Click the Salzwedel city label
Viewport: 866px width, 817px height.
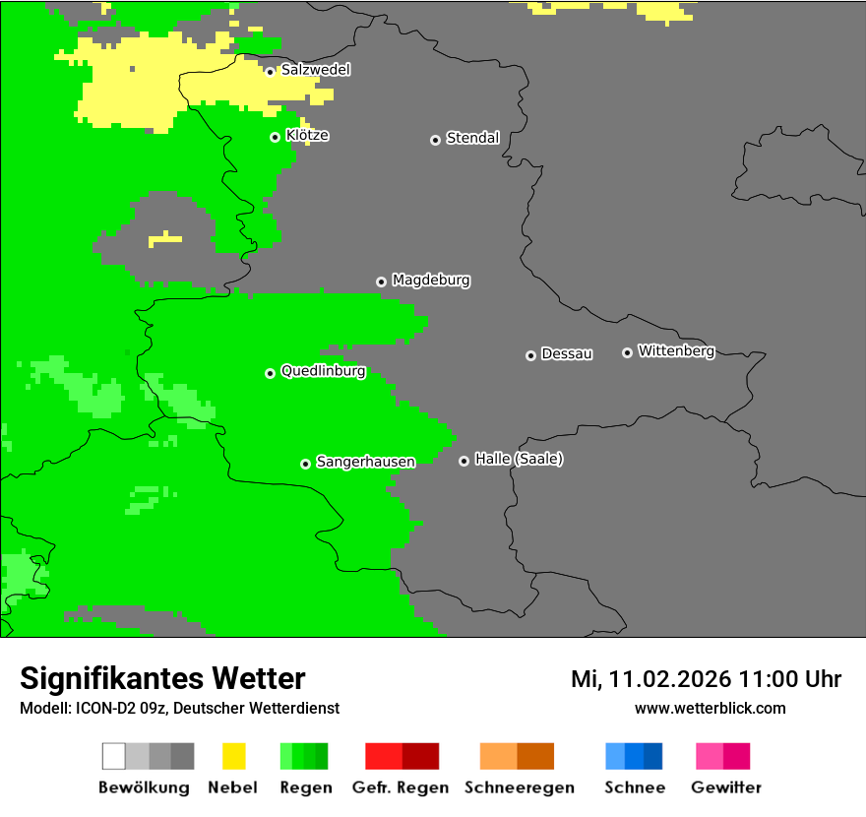tap(315, 70)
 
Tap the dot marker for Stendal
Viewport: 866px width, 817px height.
tap(435, 140)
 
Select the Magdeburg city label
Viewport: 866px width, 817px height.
tap(431, 281)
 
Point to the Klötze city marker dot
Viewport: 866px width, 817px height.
tap(275, 137)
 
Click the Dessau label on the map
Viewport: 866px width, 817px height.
tap(567, 354)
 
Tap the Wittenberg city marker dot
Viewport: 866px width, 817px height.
tap(627, 352)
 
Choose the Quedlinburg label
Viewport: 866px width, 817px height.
tap(323, 371)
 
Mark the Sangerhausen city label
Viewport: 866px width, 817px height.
tap(365, 462)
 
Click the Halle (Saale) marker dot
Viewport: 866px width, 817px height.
tap(464, 461)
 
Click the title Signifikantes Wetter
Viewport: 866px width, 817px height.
tap(162, 678)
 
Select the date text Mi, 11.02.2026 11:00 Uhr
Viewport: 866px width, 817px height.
tap(706, 679)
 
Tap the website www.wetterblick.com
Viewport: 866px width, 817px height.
tap(710, 708)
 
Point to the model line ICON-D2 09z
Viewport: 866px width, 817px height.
tap(179, 708)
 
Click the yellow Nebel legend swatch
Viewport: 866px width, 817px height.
tap(233, 756)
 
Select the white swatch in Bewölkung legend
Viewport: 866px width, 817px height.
tap(113, 756)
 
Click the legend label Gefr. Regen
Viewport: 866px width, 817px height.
tap(400, 787)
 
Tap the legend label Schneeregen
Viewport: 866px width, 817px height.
tap(519, 787)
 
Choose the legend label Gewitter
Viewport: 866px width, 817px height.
tap(725, 787)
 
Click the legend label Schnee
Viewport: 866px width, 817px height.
tap(634, 787)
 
